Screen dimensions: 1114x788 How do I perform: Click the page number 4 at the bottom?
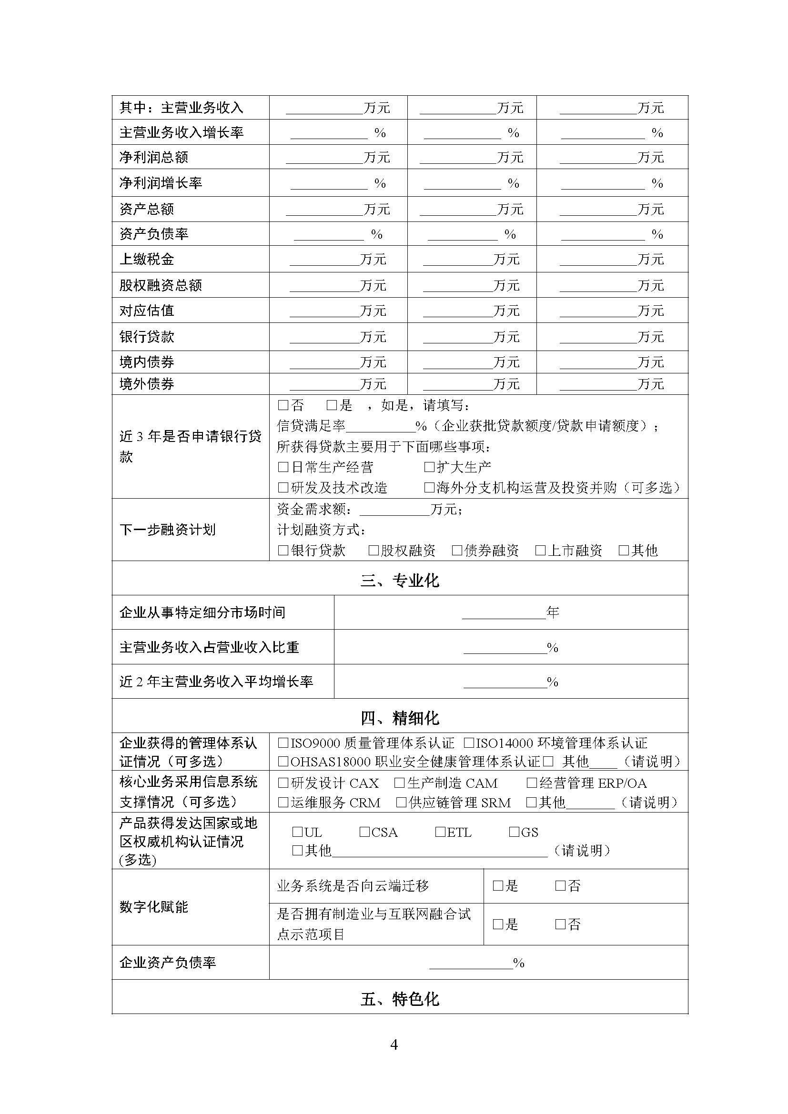pyautogui.click(x=394, y=1044)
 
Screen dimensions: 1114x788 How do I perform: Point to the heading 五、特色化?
pyautogui.click(x=399, y=1000)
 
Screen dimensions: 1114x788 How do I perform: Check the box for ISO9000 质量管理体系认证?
pyautogui.click(x=283, y=743)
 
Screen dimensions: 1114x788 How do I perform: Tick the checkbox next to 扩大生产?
pyautogui.click(x=429, y=467)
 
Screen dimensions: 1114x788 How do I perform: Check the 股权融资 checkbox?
pyautogui.click(x=373, y=550)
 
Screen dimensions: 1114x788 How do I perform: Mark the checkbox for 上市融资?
pyautogui.click(x=540, y=550)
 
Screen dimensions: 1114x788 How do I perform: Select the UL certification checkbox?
pyautogui.click(x=297, y=832)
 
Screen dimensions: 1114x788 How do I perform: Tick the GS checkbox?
pyautogui.click(x=514, y=832)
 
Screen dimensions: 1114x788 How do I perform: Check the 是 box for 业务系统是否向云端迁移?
pyautogui.click(x=498, y=886)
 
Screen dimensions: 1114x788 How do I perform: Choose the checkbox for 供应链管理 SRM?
pyautogui.click(x=401, y=803)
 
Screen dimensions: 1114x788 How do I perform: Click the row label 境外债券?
pyautogui.click(x=147, y=384)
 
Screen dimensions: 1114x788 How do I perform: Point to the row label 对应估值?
pyautogui.click(x=147, y=311)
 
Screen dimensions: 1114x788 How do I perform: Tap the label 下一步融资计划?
pyautogui.click(x=167, y=530)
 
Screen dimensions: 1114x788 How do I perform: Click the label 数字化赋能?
pyautogui.click(x=154, y=907)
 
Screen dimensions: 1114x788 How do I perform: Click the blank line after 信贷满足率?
pyautogui.click(x=380, y=427)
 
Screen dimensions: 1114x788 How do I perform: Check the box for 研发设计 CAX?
pyautogui.click(x=283, y=783)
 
